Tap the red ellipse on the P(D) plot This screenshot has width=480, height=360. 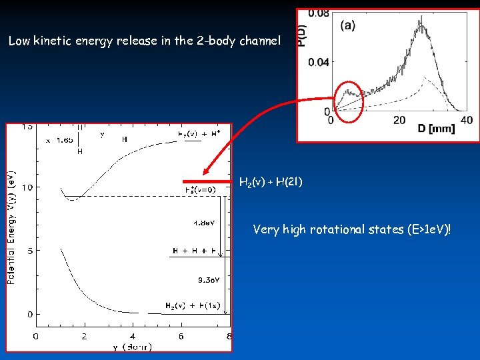click(347, 102)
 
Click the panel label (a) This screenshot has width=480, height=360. click(348, 25)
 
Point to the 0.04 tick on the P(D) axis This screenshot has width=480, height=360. click(319, 62)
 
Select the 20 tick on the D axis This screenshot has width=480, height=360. click(399, 120)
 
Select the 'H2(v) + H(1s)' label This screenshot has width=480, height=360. click(193, 306)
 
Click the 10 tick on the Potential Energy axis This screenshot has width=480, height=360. click(27, 187)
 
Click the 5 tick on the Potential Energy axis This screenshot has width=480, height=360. click(29, 251)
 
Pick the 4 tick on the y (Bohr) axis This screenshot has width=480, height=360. click(132, 336)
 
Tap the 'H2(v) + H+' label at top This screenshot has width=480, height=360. click(199, 133)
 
